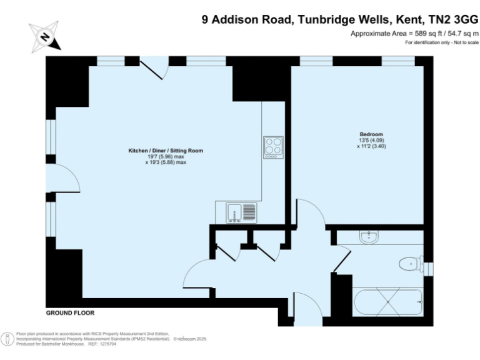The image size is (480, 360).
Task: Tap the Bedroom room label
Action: point(371,134)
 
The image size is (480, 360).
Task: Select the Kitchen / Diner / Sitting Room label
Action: point(166,151)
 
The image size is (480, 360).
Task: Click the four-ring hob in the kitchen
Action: point(273,147)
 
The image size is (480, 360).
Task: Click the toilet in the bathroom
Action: point(409,264)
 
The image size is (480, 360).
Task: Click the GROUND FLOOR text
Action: point(69,312)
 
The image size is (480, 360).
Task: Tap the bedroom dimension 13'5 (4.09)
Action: point(371,141)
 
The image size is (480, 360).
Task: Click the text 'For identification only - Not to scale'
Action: point(441,42)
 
